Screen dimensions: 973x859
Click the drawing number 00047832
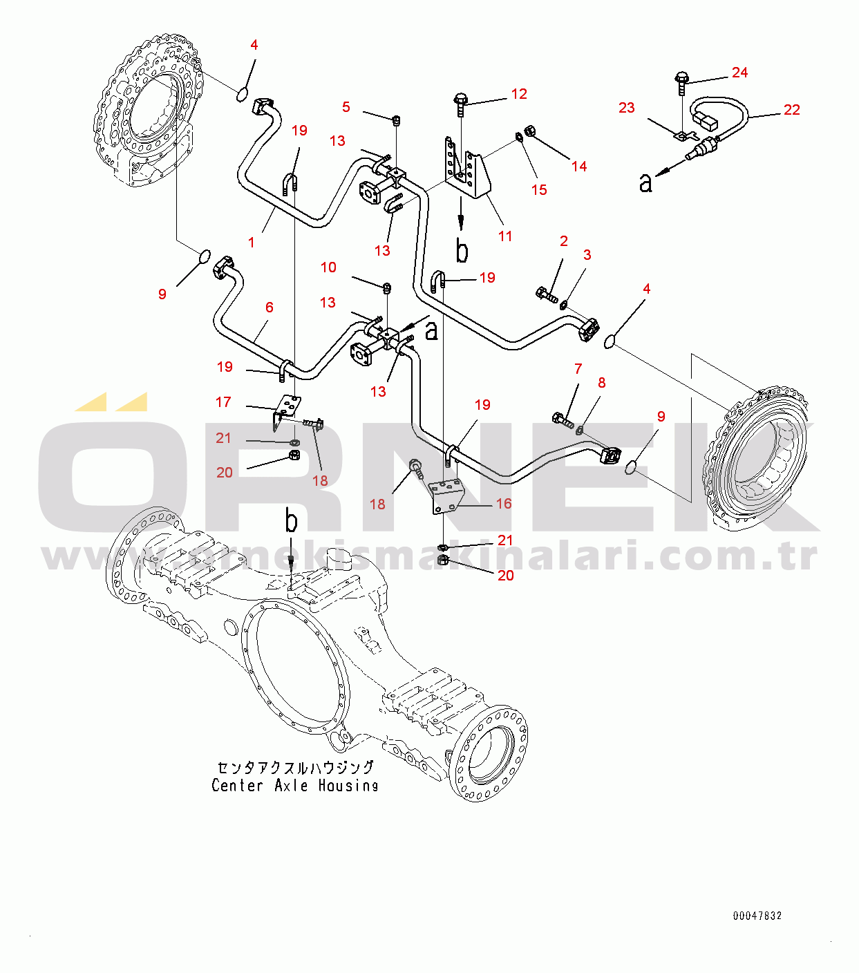point(757,916)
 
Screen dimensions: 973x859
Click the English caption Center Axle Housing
point(295,786)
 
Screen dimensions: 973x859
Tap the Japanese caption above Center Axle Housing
point(295,767)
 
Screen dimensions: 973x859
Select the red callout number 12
point(519,94)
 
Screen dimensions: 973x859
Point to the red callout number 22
point(791,110)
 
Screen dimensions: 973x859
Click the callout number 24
point(739,73)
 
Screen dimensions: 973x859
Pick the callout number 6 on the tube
point(269,308)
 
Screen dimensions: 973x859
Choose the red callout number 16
point(504,504)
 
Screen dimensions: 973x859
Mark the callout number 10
point(328,267)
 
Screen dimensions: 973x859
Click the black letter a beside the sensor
point(645,183)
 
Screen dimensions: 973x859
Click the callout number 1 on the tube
point(252,243)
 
